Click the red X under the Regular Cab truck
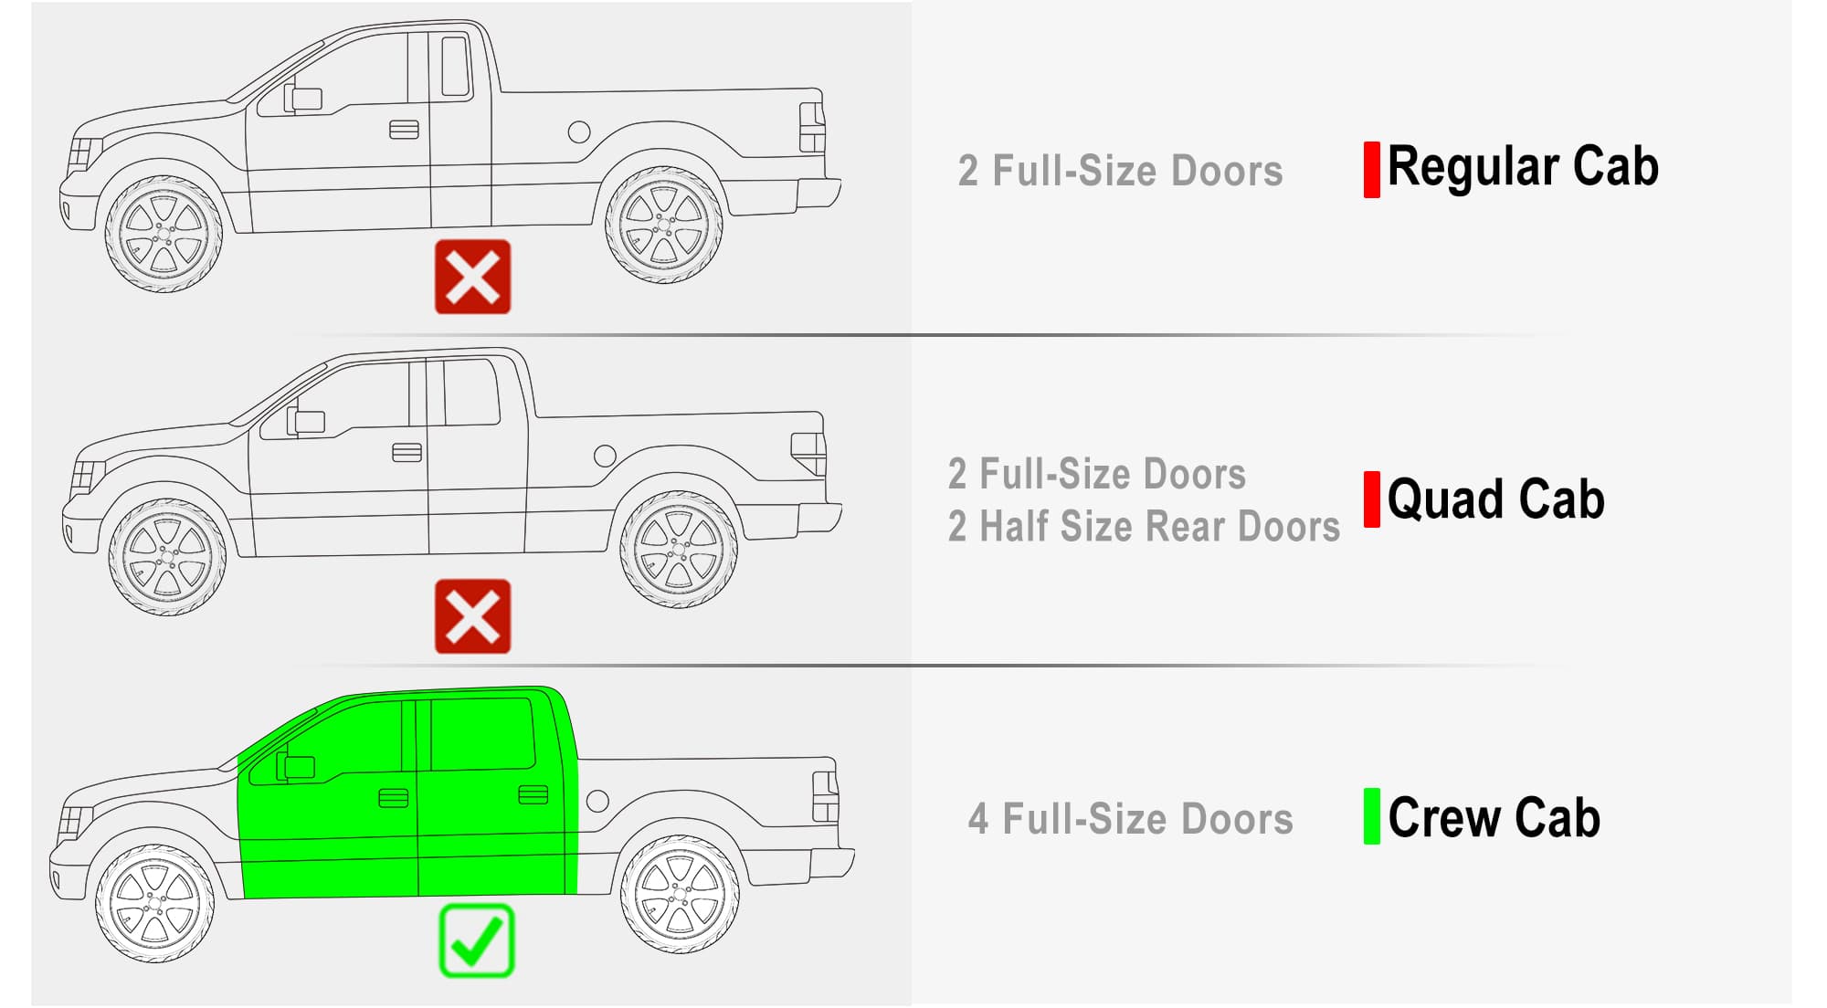[472, 277]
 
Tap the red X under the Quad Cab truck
[472, 616]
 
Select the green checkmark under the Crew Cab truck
[477, 940]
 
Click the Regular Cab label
[1523, 168]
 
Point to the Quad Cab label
[1495, 499]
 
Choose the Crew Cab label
[1494, 816]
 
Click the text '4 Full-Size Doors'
[1131, 819]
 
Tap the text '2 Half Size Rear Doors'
[1144, 527]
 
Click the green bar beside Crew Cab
[1371, 816]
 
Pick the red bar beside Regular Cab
[1371, 170]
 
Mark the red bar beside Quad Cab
[1371, 499]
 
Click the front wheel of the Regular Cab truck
[164, 234]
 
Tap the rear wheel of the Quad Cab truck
[678, 550]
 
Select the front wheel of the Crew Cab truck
[154, 904]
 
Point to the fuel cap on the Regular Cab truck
[579, 132]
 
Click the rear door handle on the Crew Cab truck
[533, 794]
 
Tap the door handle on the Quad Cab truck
[407, 452]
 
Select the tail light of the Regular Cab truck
[812, 128]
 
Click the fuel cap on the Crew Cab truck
[597, 802]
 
